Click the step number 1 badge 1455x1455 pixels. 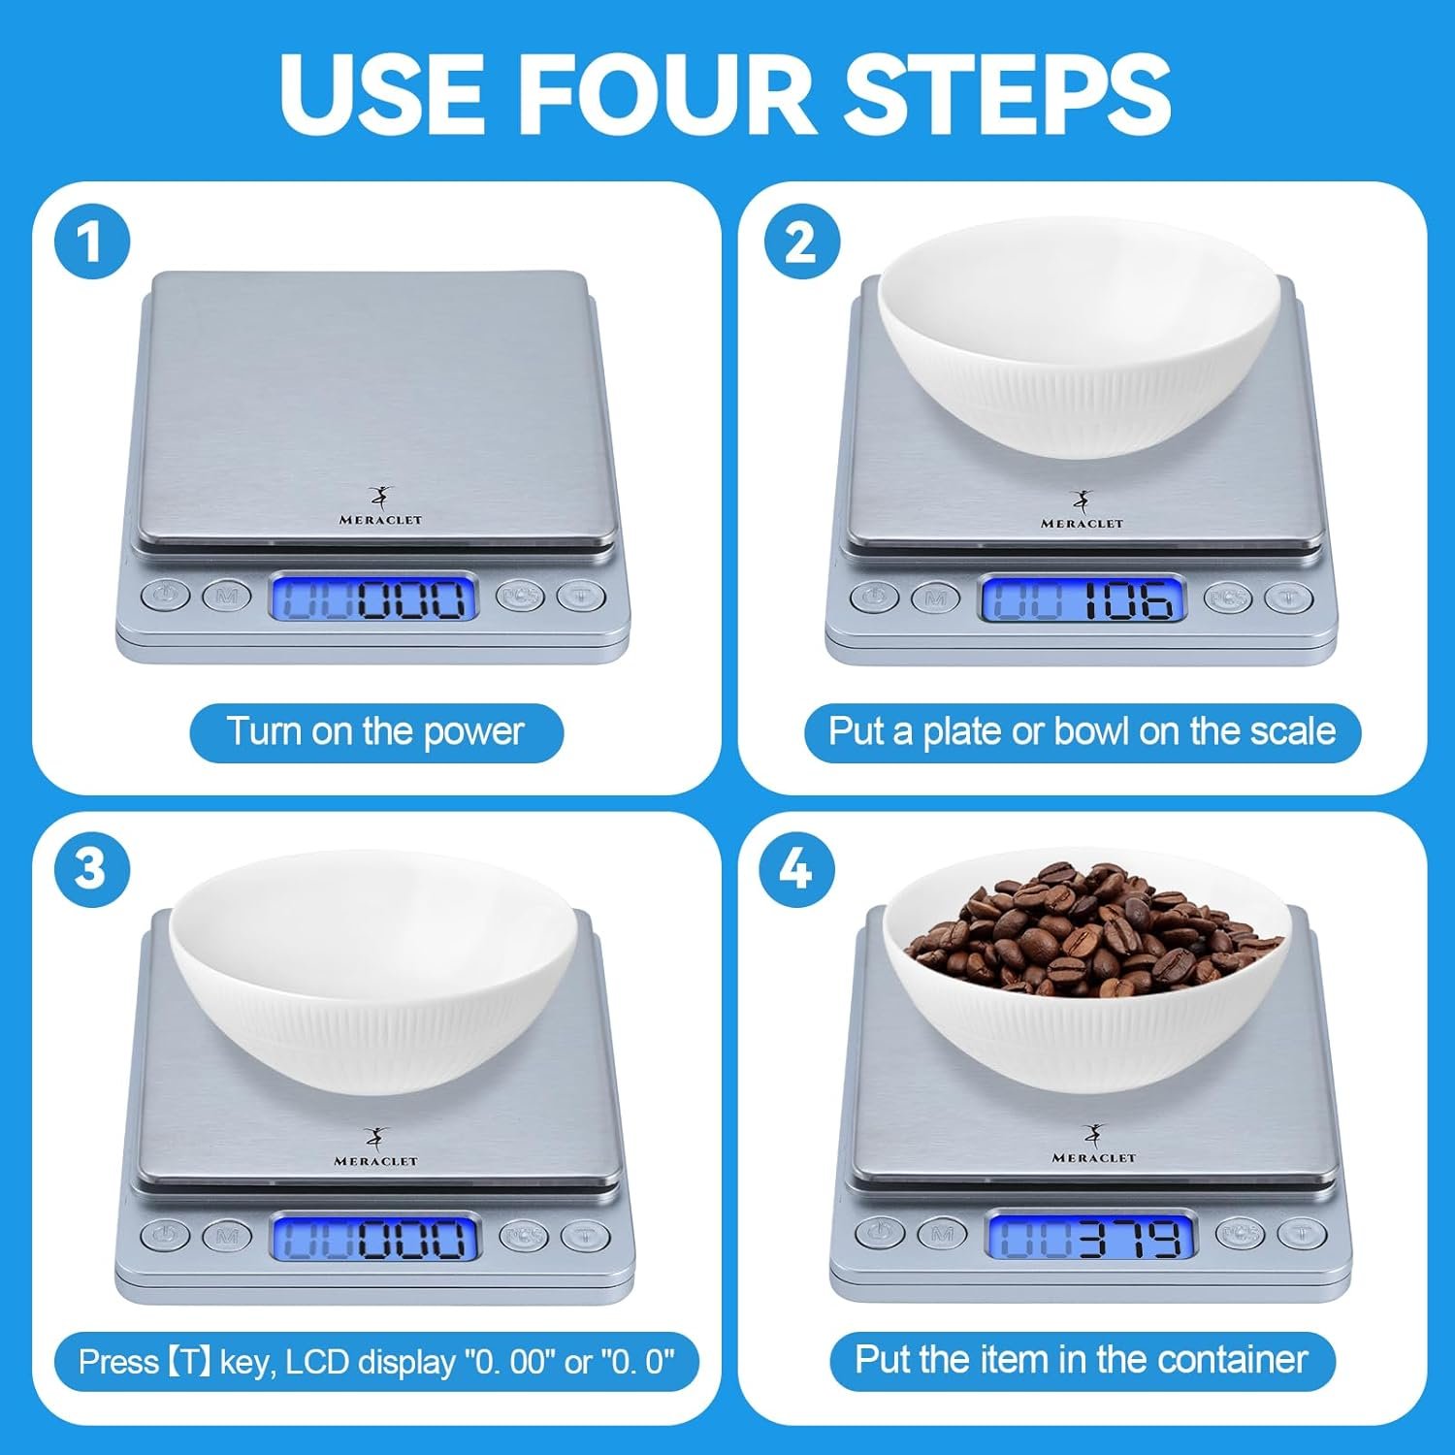(x=92, y=241)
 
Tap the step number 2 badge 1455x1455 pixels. (x=801, y=241)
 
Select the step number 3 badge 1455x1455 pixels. (x=92, y=868)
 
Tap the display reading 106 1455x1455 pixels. (x=1083, y=598)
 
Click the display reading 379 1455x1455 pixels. (x=1091, y=1236)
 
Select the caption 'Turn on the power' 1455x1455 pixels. (x=375, y=731)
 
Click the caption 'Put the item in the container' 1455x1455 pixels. (x=1082, y=1360)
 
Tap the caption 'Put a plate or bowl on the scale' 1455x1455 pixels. (x=1082, y=731)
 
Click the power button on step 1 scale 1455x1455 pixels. (x=166, y=595)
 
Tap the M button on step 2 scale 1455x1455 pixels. (x=936, y=598)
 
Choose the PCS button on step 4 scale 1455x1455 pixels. (x=1240, y=1233)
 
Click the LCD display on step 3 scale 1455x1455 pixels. (x=374, y=1238)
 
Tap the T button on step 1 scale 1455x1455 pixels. (x=581, y=595)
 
